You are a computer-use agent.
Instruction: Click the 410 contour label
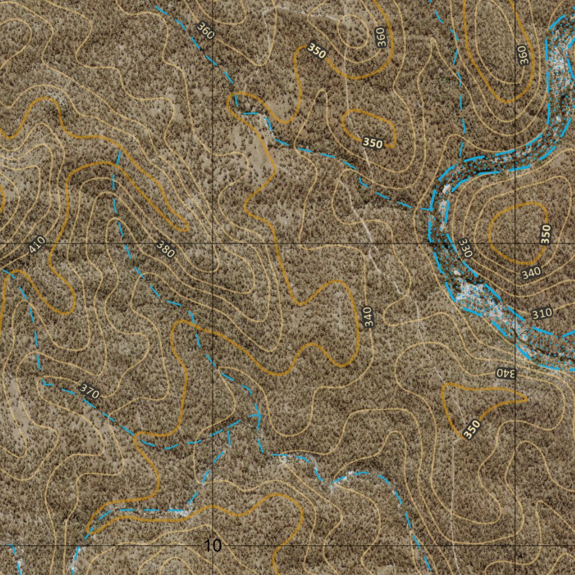(x=36, y=245)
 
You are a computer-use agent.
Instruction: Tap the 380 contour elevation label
(x=166, y=249)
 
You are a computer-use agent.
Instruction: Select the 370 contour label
(x=89, y=391)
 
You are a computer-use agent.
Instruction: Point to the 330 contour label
(x=466, y=248)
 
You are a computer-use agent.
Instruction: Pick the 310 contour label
(x=542, y=313)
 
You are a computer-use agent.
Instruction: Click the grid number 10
(x=213, y=545)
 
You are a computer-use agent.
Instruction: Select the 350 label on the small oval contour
(x=372, y=143)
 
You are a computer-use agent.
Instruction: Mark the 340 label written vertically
(x=367, y=318)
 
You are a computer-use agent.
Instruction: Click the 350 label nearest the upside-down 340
(x=472, y=429)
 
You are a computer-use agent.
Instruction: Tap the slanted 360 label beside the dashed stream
(x=206, y=30)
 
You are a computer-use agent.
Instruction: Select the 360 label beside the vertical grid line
(x=523, y=55)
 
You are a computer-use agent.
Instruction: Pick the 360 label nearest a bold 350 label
(x=382, y=37)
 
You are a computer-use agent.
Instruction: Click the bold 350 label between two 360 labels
(x=317, y=51)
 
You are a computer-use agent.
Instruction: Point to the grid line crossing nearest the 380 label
(x=213, y=243)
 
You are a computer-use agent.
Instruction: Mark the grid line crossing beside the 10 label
(x=213, y=545)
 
